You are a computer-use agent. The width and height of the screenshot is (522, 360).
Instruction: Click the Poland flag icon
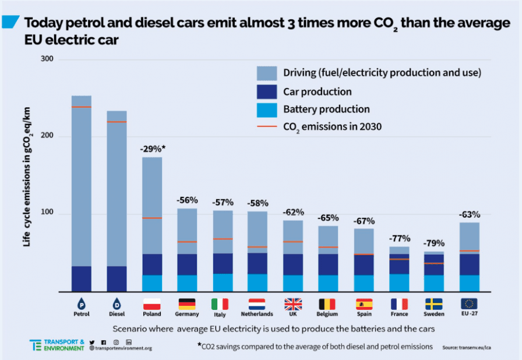click(152, 304)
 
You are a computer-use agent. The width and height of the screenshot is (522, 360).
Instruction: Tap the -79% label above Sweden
click(434, 243)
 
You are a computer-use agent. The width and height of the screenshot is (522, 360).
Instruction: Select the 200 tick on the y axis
click(47, 135)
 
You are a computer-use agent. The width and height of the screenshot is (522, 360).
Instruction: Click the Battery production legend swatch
click(267, 110)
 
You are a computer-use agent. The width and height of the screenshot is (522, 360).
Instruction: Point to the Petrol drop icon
click(82, 303)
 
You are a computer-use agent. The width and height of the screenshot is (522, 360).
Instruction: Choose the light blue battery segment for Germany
click(187, 283)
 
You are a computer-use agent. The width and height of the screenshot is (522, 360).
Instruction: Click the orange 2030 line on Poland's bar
click(152, 218)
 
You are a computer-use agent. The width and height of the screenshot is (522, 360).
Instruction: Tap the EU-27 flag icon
click(469, 303)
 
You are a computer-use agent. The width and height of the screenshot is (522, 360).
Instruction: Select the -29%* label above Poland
click(153, 149)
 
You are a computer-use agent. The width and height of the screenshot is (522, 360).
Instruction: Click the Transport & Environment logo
click(57, 345)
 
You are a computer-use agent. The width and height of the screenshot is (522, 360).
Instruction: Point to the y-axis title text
click(27, 177)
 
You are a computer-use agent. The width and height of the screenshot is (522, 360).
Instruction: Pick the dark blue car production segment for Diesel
click(117, 279)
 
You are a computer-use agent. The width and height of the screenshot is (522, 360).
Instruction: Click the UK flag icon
click(293, 304)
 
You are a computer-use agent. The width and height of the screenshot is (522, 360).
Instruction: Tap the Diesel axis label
click(117, 314)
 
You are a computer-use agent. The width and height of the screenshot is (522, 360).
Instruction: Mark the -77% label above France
click(400, 239)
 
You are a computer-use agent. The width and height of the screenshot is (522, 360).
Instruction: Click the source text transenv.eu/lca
click(467, 348)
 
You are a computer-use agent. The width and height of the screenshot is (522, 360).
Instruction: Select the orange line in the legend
click(267, 126)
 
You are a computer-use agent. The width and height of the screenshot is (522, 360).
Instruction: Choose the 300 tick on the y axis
click(47, 59)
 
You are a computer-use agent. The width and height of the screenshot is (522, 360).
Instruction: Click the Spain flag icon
click(364, 304)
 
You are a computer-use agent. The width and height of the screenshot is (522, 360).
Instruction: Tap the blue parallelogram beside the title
click(10, 22)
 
